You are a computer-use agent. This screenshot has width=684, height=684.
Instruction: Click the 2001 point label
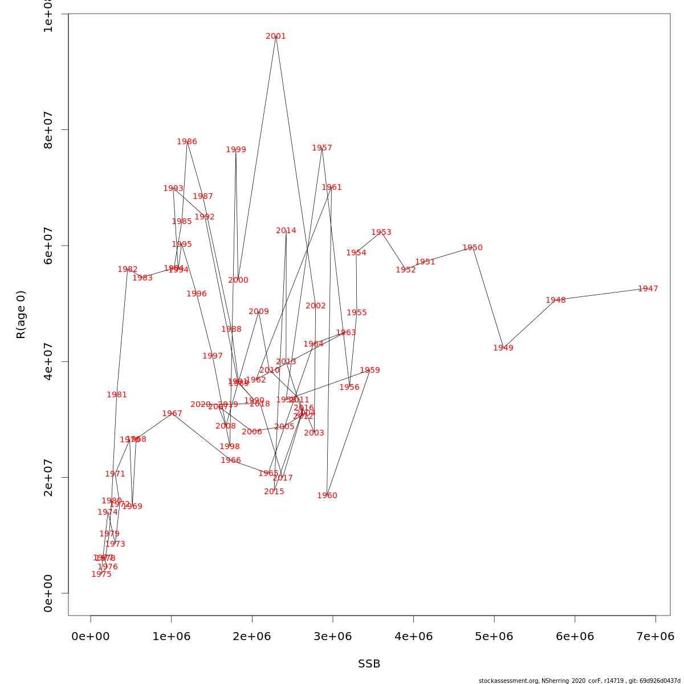276,36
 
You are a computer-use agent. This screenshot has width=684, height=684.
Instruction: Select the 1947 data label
648,289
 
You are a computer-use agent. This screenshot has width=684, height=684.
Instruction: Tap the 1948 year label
556,300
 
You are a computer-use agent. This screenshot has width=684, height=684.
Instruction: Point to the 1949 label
503,348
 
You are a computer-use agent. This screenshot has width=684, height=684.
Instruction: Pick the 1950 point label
473,248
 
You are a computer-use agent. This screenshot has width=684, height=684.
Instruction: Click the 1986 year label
187,142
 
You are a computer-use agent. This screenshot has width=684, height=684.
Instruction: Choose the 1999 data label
236,150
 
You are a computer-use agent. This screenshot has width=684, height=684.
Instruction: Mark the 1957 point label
322,148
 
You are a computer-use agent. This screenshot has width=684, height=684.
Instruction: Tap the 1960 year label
327,496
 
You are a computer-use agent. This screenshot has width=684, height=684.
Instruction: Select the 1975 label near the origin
101,575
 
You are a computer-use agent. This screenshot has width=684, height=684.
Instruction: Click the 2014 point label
286,231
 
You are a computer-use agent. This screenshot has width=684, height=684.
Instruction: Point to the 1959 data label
370,370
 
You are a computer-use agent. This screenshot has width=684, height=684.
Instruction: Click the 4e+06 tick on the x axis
413,637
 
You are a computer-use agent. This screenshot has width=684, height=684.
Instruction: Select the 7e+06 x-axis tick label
655,637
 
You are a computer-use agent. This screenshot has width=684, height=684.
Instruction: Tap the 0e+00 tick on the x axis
91,637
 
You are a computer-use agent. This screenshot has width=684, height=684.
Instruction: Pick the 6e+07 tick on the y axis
48,246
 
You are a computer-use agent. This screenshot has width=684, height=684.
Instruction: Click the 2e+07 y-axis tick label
48,478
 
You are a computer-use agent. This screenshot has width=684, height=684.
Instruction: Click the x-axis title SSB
369,664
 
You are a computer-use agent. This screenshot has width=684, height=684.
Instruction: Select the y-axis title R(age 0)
21,315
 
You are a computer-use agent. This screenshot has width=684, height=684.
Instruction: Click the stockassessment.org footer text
579,681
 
